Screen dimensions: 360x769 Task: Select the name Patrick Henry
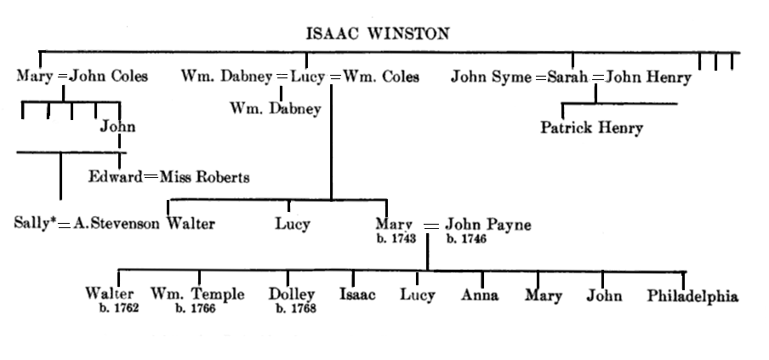[x=591, y=129]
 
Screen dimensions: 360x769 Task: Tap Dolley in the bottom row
[x=292, y=294]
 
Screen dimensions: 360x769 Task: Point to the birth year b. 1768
[x=296, y=308]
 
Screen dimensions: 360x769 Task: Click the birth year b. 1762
[x=118, y=308]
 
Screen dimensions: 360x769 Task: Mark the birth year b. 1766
[x=195, y=308]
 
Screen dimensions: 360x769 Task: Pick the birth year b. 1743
[x=396, y=239]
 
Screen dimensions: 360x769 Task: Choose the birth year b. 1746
[x=467, y=239]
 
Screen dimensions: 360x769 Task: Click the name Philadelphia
[x=692, y=296]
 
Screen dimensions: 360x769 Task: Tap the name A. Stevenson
[x=117, y=225]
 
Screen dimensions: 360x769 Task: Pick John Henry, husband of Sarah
[x=649, y=77]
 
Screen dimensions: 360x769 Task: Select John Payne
[x=489, y=225]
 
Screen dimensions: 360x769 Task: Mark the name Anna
[x=480, y=295]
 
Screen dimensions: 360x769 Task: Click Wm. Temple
[x=197, y=294]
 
